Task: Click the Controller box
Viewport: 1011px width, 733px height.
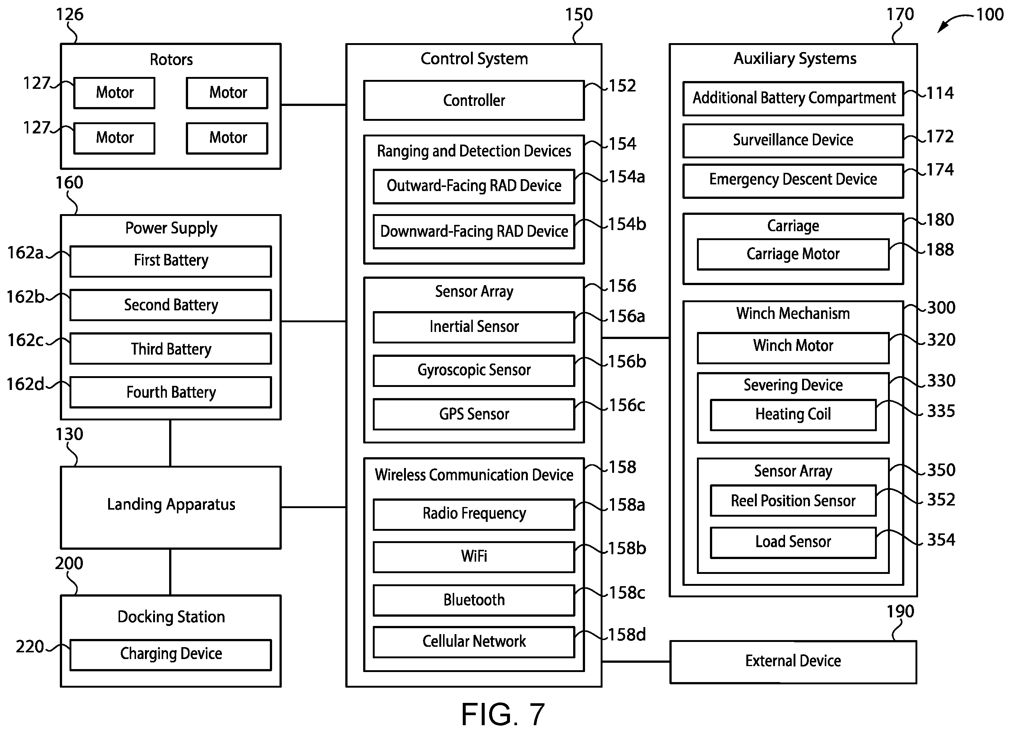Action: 474,100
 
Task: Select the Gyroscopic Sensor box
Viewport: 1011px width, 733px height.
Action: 474,370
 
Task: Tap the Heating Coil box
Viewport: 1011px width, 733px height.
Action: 793,415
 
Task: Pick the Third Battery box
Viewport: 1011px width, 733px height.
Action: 171,349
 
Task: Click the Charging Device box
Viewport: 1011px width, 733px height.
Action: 171,655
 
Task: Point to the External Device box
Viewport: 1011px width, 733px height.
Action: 793,662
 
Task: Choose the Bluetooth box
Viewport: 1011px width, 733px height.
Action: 474,600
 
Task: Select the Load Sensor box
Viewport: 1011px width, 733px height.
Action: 793,543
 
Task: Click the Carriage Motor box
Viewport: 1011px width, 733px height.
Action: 793,254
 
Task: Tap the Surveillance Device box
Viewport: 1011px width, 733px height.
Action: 793,141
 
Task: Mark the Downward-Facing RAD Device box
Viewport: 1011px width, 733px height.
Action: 474,232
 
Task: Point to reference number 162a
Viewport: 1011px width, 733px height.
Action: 25,253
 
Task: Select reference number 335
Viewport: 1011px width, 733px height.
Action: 941,411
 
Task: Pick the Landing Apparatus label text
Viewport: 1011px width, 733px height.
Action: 171,505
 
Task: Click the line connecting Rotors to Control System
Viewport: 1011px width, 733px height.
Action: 313,105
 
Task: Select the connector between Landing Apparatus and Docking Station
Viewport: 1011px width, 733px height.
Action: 170,572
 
